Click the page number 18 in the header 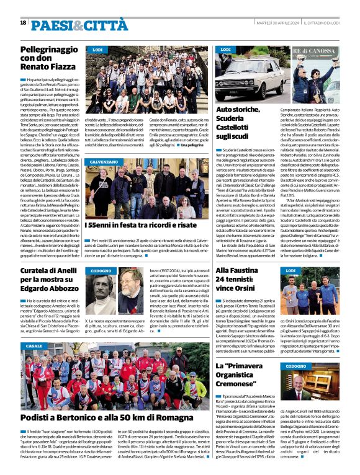pyautogui.click(x=23, y=22)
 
